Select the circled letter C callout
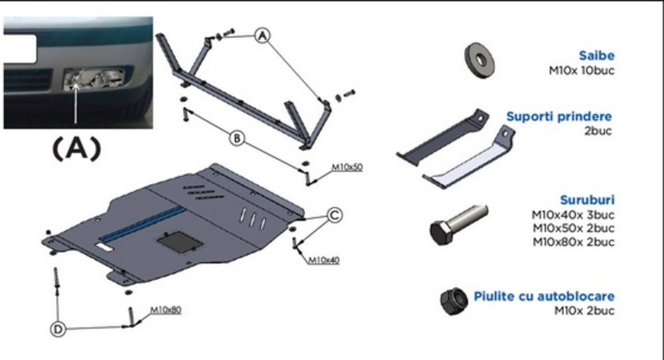[335, 215]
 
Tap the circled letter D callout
[60, 329]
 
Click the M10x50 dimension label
[348, 167]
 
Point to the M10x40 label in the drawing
[323, 260]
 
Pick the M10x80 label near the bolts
[166, 310]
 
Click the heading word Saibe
[596, 56]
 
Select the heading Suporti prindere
[558, 117]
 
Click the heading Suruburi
[587, 200]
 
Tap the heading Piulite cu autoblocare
[544, 296]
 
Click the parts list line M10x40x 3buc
[572, 215]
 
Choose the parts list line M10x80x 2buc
[572, 242]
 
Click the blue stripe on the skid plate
[143, 223]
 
